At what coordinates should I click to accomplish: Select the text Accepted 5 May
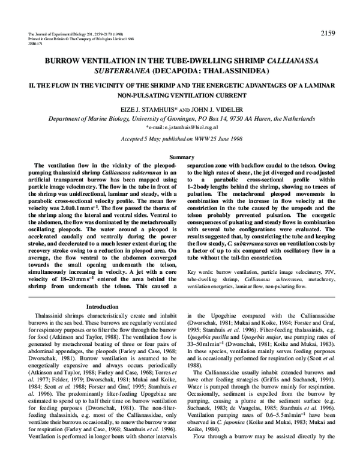click(140, 140)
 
